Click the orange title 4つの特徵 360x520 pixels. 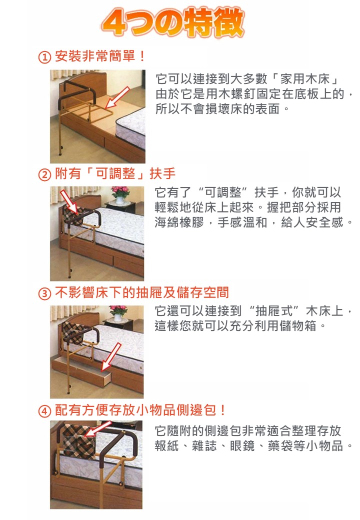(173, 22)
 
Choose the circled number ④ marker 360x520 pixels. (44, 411)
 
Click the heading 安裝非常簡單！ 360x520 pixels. (100, 56)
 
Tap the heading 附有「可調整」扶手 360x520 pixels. (115, 173)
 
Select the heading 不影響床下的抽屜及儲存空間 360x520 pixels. (142, 292)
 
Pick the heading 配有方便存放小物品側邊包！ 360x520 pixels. (140, 410)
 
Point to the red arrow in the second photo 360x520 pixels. (69, 201)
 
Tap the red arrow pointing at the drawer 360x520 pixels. (111, 357)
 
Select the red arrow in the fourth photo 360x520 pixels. (98, 429)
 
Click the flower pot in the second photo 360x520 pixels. (120, 195)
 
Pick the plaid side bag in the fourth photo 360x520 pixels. (78, 441)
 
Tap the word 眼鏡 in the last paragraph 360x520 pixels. (242, 445)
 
